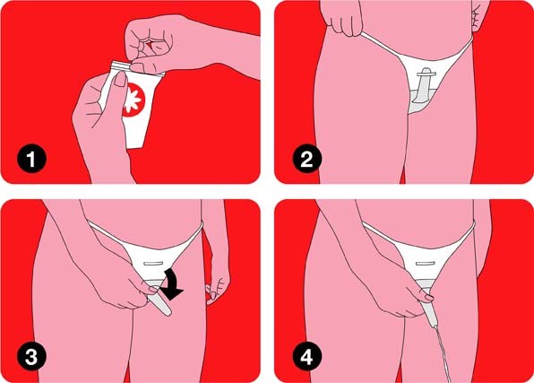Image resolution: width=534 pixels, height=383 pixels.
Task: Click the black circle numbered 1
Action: point(31,159)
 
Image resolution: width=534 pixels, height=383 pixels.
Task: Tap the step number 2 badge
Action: point(306,159)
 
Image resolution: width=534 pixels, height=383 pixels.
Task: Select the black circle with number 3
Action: point(31,357)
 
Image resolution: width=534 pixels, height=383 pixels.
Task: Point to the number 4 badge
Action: point(306,357)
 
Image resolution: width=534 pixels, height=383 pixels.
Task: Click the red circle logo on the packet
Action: point(134,100)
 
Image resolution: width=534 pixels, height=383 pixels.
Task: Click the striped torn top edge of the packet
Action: point(122,65)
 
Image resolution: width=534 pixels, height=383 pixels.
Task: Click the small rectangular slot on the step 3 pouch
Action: point(155,264)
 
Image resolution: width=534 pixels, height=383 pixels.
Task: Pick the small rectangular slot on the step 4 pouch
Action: point(426,264)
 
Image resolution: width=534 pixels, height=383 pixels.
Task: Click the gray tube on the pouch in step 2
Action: point(423,84)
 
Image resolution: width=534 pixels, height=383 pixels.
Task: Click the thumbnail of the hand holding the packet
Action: point(120,80)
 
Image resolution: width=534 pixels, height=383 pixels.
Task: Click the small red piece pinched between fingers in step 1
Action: point(149,44)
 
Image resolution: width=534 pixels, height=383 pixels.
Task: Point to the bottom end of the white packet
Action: point(135,145)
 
